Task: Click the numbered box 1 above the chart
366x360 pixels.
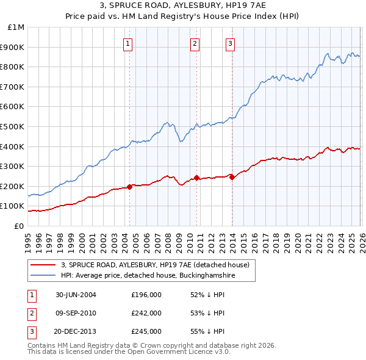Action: [129, 43]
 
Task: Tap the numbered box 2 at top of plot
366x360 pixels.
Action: [195, 43]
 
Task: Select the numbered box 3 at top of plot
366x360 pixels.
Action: [231, 43]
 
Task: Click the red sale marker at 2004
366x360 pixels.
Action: [129, 187]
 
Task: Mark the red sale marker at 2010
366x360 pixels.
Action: [196, 178]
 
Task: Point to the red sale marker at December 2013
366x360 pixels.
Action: [232, 177]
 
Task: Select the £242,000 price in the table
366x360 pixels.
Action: [146, 313]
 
